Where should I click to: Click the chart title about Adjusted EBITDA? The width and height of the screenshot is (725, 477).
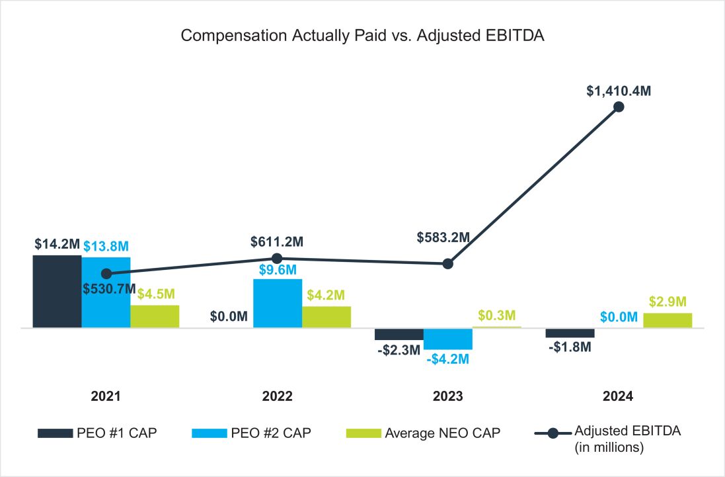pos(362,36)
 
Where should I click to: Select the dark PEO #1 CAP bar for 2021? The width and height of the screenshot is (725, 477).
pos(57,291)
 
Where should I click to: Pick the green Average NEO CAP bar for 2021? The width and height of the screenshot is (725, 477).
pos(155,316)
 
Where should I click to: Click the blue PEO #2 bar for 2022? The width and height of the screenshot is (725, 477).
pos(278,303)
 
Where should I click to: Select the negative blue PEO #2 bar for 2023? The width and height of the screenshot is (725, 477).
pos(448,338)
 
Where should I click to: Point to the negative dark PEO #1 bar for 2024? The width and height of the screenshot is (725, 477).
pos(570,333)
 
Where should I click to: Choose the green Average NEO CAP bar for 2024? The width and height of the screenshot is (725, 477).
pos(668,320)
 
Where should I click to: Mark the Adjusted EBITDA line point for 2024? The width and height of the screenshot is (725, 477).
pos(619,107)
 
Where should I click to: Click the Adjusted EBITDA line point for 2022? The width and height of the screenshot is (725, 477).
pos(278,259)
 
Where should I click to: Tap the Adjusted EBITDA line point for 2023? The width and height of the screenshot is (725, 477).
pos(448,263)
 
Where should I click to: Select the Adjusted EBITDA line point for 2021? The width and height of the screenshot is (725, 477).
pos(106,273)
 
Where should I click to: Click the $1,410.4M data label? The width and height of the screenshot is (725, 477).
pos(619,91)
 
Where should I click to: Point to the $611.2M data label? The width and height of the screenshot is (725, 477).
pos(277,242)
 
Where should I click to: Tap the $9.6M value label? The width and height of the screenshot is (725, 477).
pos(277,270)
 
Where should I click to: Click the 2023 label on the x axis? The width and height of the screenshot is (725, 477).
pos(447,396)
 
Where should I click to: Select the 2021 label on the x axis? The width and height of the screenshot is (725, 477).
pos(106,396)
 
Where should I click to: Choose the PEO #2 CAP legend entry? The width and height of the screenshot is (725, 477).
pos(251,433)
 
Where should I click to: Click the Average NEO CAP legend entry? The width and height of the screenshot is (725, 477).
pos(423,433)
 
